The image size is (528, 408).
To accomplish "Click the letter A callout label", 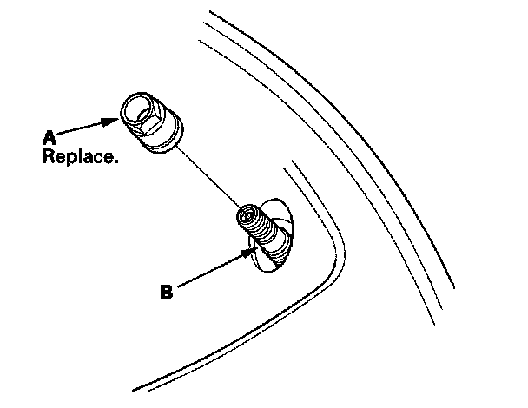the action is (x=49, y=137).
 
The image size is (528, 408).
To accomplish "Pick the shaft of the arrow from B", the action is (x=208, y=272).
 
